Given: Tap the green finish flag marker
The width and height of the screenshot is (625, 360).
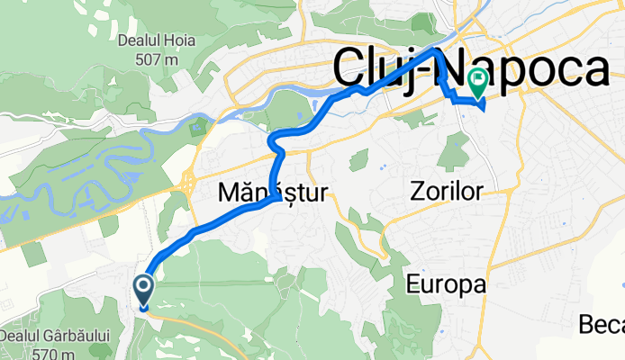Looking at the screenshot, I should [x=475, y=84].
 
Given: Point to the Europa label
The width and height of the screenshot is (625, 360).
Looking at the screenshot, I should [x=446, y=285].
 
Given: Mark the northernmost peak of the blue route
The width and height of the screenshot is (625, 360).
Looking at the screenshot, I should [x=438, y=50].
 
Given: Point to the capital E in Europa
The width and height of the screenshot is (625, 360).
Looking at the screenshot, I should [x=412, y=285].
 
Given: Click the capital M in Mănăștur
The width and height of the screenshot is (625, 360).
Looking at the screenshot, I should [x=229, y=192].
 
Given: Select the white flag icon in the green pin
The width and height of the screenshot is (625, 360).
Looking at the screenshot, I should [x=475, y=81].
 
